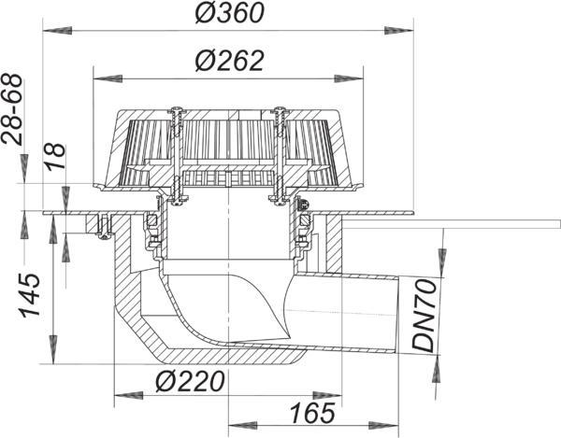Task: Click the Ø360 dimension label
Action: tap(229, 14)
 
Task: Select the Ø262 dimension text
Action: tap(229, 61)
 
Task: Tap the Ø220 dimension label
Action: tap(190, 381)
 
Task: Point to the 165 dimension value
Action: tap(312, 413)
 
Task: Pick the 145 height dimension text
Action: tap(30, 295)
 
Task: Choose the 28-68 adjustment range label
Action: tap(12, 108)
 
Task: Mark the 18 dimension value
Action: tap(55, 156)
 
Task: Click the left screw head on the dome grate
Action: tap(176, 109)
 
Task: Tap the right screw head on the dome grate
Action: tap(280, 109)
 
